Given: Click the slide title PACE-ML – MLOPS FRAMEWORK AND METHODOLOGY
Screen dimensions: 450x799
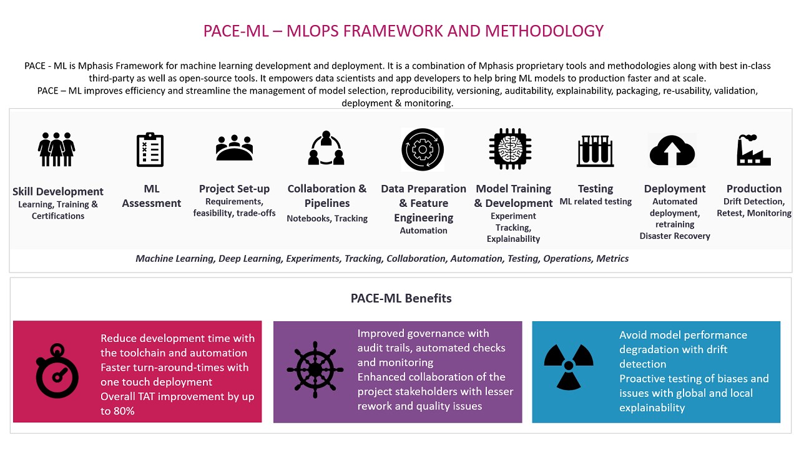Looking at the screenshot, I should [403, 31].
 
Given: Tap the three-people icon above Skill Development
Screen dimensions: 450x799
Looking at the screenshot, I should [56, 149].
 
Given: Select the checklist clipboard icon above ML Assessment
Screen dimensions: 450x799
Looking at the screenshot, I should [150, 149].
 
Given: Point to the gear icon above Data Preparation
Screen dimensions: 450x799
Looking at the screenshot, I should [423, 149].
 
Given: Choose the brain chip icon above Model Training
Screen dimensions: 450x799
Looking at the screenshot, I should [509, 149].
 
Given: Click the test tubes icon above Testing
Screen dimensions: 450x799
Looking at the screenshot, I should [596, 151].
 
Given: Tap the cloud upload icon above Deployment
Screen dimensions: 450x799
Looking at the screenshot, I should [672, 150].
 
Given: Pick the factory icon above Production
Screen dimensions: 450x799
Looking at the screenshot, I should [753, 150].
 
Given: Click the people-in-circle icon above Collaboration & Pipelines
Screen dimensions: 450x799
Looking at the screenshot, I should [326, 149].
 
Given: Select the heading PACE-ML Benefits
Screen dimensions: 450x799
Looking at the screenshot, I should [401, 299].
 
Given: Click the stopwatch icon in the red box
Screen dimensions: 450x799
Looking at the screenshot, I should [57, 372].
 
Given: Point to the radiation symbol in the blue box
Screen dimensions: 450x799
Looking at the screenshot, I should [568, 366].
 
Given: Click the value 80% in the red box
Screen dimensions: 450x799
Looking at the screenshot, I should [124, 411].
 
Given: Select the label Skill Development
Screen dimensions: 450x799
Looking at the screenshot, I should [58, 192].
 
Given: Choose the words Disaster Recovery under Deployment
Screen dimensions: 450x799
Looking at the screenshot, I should [675, 236].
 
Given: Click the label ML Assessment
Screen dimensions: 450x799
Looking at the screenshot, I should [152, 196].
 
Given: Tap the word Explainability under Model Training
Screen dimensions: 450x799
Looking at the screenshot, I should [513, 239].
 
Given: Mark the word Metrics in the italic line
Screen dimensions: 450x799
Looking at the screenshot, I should [612, 259].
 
